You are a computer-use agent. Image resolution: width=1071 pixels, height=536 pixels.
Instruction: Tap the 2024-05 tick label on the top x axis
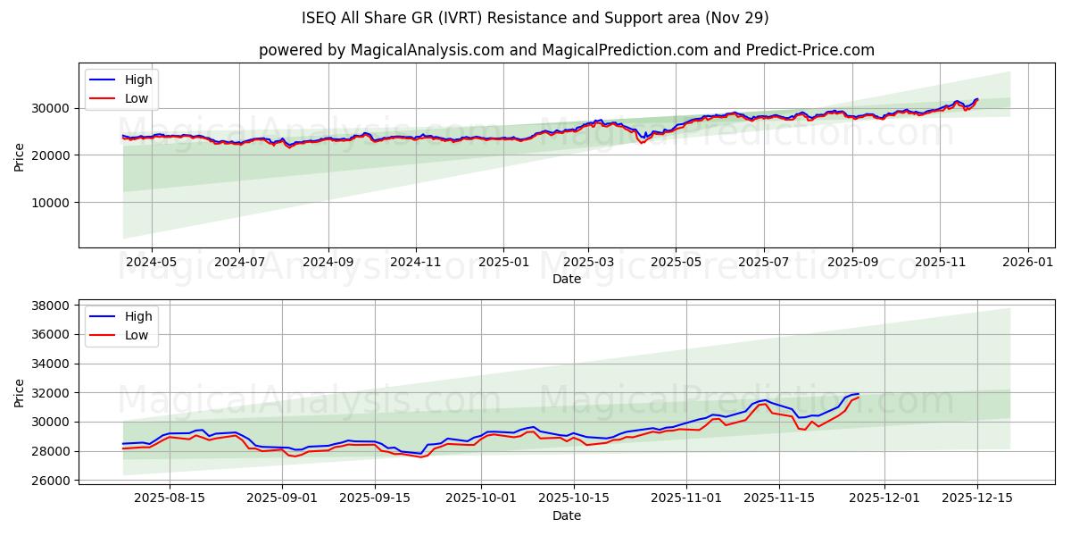151,262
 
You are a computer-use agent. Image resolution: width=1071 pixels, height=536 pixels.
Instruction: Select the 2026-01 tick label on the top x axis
1028,262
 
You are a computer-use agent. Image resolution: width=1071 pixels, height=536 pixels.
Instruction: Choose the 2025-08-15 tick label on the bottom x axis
170,498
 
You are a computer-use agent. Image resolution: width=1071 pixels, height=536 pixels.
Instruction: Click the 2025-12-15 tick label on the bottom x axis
976,498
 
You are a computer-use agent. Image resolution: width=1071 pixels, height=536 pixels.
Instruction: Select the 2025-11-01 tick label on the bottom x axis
686,498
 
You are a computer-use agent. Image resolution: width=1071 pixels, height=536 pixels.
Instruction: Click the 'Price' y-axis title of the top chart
20,155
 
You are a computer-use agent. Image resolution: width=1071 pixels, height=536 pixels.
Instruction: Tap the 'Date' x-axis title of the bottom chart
566,515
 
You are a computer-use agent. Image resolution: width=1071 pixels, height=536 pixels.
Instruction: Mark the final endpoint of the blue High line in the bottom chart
859,394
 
